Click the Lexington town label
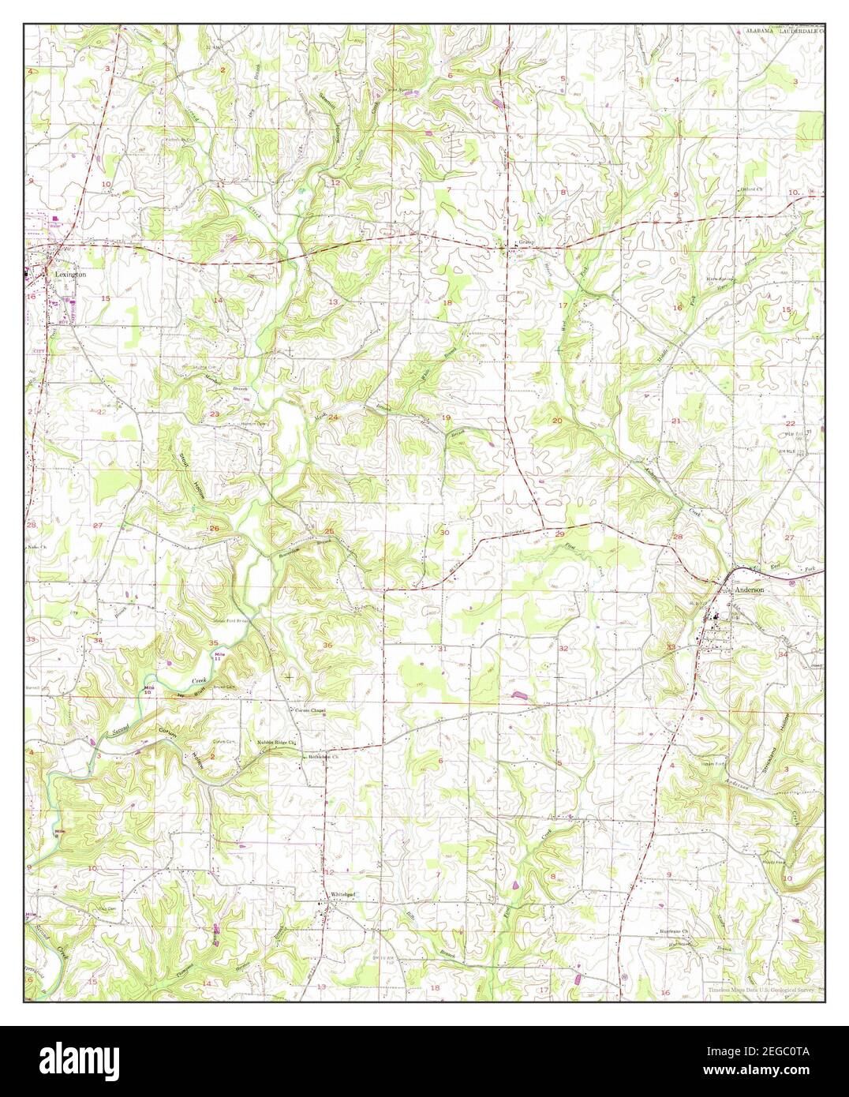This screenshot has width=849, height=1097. tap(70, 274)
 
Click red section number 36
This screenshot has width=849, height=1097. tap(327, 645)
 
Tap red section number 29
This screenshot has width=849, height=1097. tap(559, 534)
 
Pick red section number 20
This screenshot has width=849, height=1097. tap(557, 421)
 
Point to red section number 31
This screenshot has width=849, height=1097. tap(443, 649)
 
